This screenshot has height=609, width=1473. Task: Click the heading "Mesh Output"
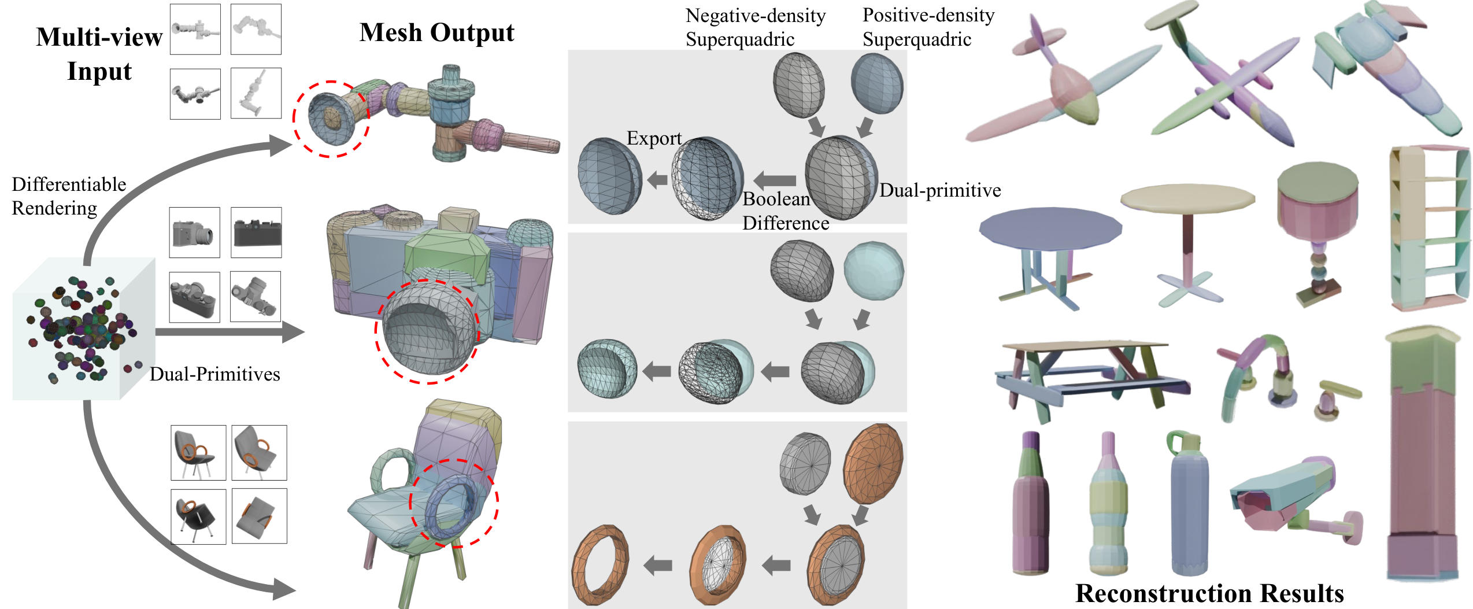436,33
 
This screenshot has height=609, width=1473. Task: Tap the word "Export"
654,138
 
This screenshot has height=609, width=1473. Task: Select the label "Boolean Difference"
785,211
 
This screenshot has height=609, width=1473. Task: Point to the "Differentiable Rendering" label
69,196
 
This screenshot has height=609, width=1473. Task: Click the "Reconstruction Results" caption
1209,593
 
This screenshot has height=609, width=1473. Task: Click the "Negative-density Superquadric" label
755,27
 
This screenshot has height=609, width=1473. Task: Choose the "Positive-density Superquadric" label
928,27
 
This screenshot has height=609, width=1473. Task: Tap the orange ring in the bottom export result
599,564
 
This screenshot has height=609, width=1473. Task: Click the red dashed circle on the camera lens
428,332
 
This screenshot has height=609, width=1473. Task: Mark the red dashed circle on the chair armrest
454,503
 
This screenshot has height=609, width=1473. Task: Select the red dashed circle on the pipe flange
331,119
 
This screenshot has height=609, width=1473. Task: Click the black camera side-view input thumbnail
256,232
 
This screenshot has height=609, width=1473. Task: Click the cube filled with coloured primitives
84,330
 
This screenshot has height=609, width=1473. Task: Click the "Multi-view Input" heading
99,54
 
